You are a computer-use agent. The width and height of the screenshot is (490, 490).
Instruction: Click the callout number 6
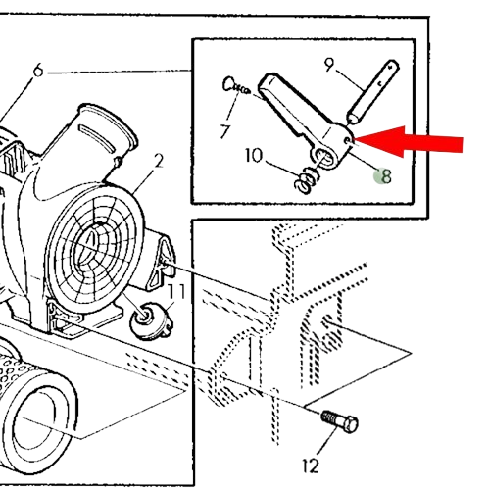(38, 71)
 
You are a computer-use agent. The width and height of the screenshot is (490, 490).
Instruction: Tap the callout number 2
(158, 161)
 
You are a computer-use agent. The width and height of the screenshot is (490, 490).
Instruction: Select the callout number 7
(225, 131)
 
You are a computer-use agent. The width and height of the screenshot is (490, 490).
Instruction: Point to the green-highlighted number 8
(386, 176)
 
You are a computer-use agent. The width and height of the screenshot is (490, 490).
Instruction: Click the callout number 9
(329, 65)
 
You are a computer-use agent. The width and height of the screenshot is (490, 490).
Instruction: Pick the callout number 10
(254, 156)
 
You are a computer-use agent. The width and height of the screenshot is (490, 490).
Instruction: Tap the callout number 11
(176, 291)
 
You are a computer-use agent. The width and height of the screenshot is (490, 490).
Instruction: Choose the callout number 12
(311, 465)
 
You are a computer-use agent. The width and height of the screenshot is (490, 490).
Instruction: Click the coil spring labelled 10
(307, 180)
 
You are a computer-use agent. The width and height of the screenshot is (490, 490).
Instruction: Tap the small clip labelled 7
(236, 85)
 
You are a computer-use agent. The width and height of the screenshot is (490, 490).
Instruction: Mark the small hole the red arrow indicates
(347, 141)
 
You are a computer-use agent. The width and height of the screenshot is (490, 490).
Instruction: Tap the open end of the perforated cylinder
(38, 424)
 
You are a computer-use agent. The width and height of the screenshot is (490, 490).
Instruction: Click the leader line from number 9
(349, 78)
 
